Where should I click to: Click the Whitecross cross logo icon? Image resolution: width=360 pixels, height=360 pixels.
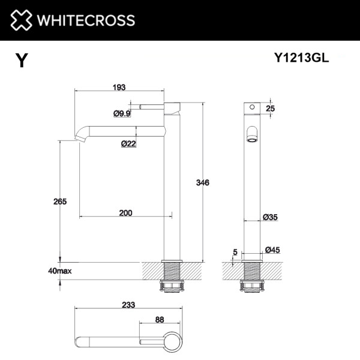22,20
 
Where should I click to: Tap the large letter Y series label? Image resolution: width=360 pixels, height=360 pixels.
22,61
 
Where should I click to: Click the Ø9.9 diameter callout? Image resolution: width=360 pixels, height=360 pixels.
122,113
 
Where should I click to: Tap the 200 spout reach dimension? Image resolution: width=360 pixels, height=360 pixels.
126,213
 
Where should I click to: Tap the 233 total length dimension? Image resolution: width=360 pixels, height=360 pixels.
128,305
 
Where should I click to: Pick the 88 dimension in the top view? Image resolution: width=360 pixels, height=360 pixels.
159,319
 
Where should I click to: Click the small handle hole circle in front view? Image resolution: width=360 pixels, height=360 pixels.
253,109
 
